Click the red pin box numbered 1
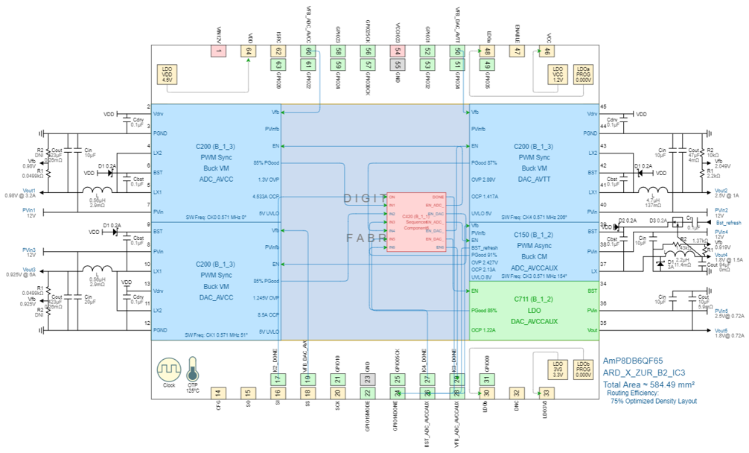click(218, 51)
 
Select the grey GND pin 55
click(398, 65)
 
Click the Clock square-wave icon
click(168, 370)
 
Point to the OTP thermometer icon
click(193, 370)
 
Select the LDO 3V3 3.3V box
click(558, 370)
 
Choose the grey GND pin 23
click(367, 378)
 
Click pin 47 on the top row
click(517, 51)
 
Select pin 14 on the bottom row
click(217, 393)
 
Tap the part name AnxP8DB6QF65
click(633, 360)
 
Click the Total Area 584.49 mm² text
click(648, 384)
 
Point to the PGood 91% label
click(484, 255)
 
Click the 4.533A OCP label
click(266, 197)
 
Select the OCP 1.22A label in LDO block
click(485, 329)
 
